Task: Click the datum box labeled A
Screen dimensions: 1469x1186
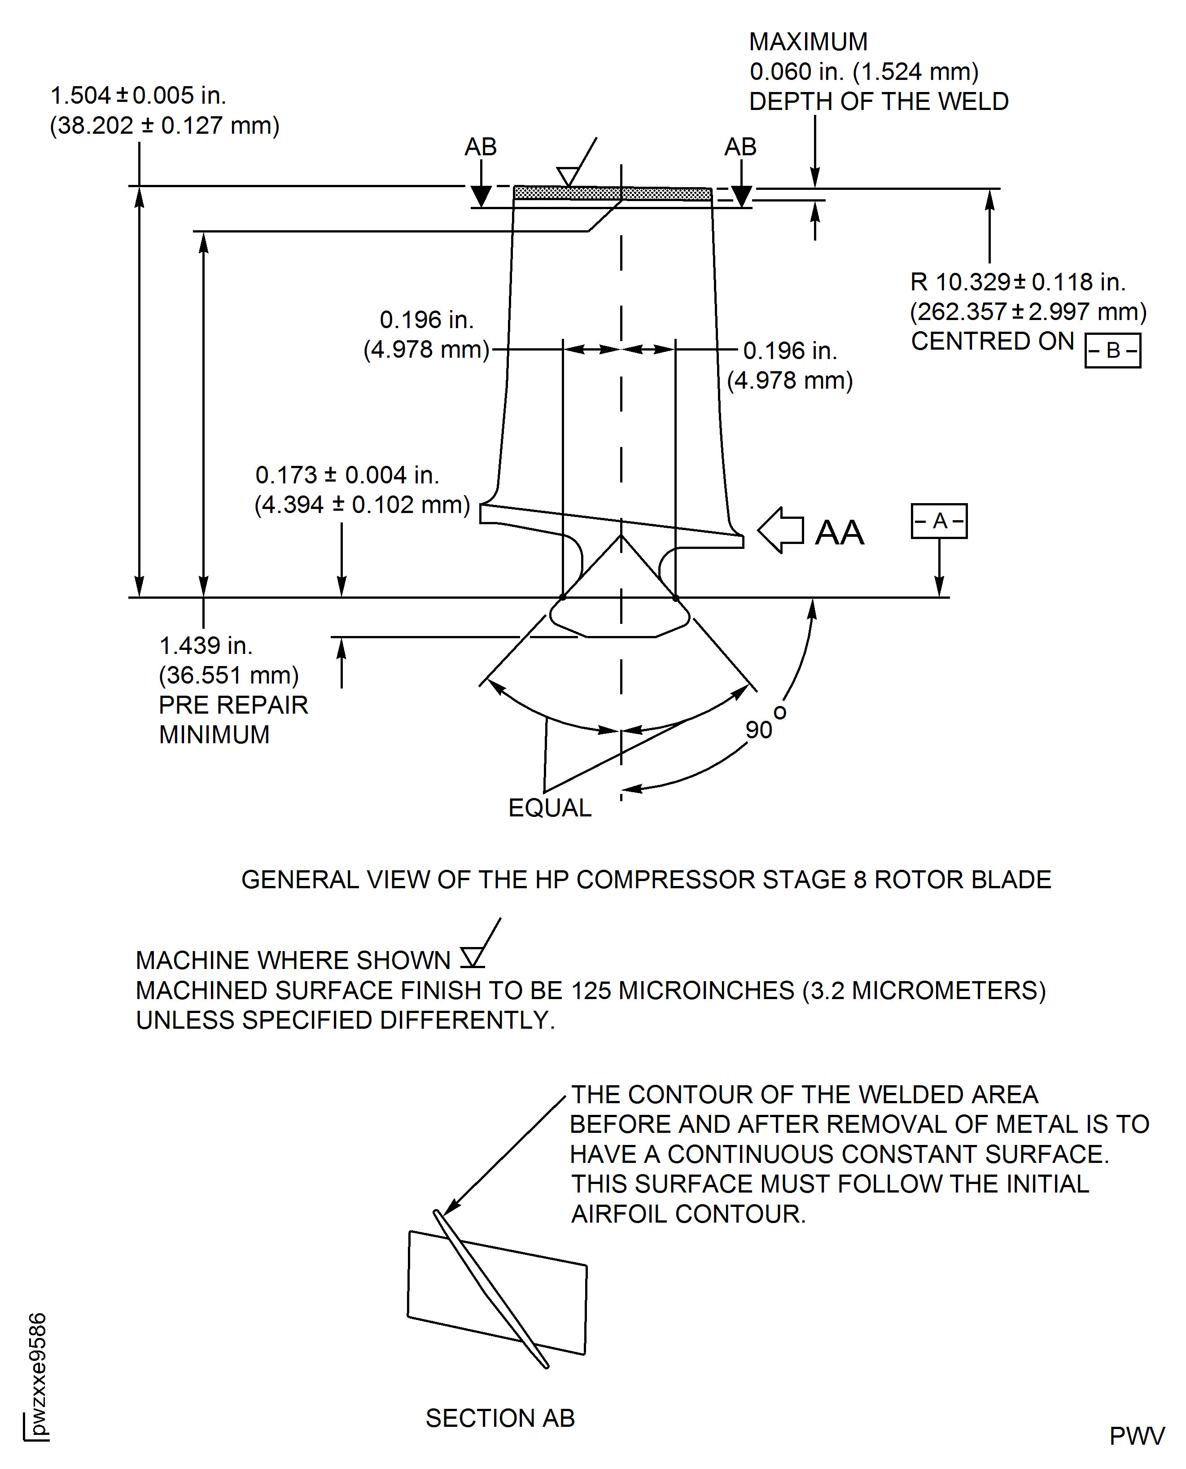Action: click(x=939, y=522)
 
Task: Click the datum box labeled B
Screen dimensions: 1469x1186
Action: click(x=1112, y=351)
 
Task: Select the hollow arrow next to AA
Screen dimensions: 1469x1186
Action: click(x=781, y=530)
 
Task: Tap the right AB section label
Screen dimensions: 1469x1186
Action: click(x=740, y=147)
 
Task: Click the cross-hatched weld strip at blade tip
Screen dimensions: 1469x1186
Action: click(x=612, y=193)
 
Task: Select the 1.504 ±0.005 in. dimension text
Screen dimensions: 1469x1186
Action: click(x=138, y=96)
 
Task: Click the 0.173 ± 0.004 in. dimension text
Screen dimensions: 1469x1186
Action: click(x=347, y=475)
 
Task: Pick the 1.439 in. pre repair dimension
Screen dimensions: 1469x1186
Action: click(x=206, y=645)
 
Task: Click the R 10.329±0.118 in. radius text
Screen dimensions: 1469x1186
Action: click(x=1017, y=281)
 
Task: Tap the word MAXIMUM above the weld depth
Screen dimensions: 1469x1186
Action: click(x=808, y=42)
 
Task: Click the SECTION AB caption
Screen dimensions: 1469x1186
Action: click(x=500, y=1418)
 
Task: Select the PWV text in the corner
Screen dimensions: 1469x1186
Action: click(x=1136, y=1436)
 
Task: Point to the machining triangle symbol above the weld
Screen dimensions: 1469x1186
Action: click(x=568, y=175)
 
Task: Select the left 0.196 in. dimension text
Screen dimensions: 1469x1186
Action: click(x=426, y=320)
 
